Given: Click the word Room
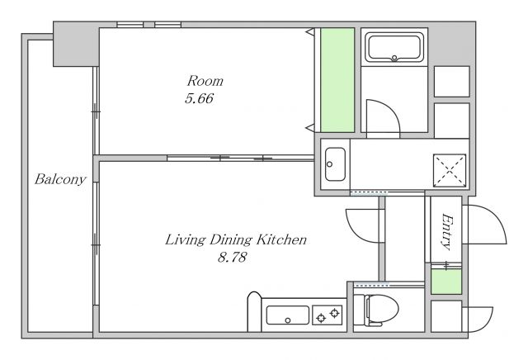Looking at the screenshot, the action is [205, 81].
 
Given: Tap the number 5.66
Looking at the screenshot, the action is [199, 98].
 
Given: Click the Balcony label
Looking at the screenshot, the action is [60, 179].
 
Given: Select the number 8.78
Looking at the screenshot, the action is [232, 258].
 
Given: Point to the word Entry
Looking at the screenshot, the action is [446, 231].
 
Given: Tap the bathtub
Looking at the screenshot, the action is [394, 47].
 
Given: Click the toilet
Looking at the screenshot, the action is [376, 310].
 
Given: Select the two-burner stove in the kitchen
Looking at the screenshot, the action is [328, 315].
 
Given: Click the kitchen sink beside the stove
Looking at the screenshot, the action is [288, 315].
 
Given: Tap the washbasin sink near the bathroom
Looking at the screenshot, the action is [335, 164].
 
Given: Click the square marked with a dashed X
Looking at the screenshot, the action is [450, 171].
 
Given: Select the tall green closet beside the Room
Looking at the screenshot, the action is [337, 80].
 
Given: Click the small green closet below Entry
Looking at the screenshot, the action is [446, 282].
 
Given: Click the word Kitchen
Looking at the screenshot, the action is [281, 239].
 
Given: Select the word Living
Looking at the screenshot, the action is [185, 240].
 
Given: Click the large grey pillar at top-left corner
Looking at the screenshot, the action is [76, 44].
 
